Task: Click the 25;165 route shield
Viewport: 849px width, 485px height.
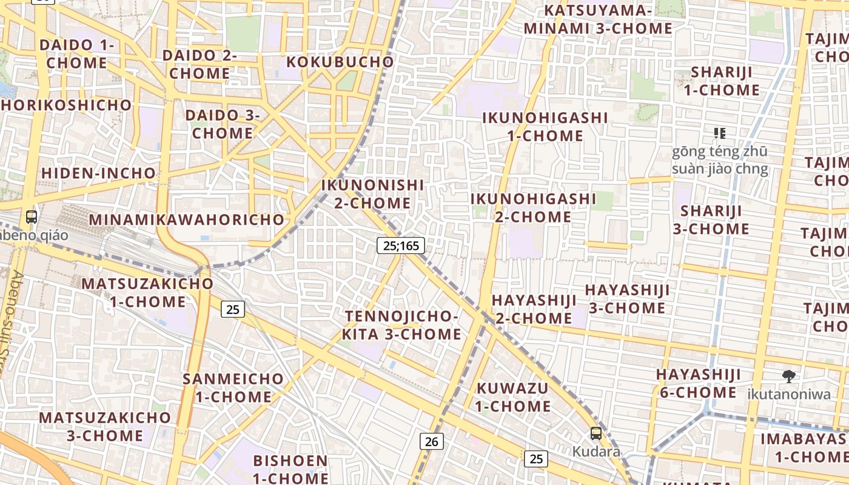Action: (x=400, y=246)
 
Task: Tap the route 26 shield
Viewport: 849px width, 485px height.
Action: (x=431, y=441)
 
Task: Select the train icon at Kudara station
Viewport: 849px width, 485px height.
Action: (x=596, y=433)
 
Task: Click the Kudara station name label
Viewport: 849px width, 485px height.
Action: (x=597, y=452)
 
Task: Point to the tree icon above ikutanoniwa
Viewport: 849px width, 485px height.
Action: (x=788, y=376)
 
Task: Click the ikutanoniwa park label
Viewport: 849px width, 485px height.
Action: (x=788, y=394)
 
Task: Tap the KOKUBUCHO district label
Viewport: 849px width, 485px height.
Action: (x=340, y=62)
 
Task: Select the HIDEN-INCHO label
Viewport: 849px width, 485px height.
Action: (x=98, y=173)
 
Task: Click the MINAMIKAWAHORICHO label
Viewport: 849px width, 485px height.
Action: (x=187, y=219)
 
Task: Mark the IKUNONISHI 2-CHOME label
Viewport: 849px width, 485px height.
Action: (x=372, y=193)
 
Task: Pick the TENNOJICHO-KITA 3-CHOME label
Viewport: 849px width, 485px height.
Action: (x=401, y=325)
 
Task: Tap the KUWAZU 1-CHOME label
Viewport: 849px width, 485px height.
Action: (x=512, y=396)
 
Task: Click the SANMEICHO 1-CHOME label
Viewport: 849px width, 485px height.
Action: (x=233, y=388)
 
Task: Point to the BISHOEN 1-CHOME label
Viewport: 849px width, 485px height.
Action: (x=290, y=469)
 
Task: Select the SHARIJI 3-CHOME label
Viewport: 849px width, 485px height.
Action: (x=711, y=219)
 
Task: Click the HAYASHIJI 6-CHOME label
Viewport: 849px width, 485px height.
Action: (x=698, y=383)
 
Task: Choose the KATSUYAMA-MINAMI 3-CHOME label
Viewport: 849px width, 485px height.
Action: (x=598, y=19)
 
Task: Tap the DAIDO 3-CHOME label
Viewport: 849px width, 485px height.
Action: (x=223, y=124)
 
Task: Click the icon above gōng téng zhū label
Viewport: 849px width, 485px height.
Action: (x=719, y=133)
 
